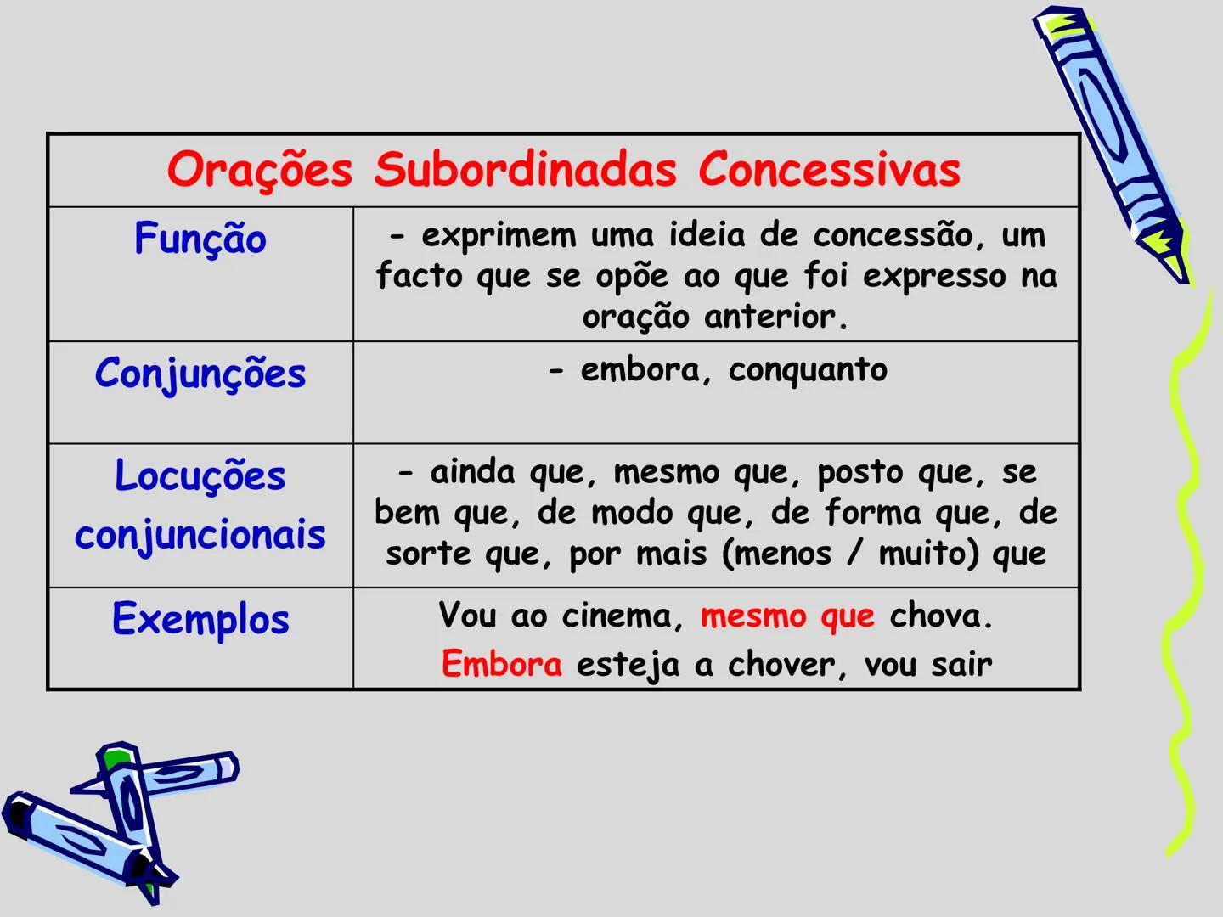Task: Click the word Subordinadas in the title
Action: [525, 169]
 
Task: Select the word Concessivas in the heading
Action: [829, 169]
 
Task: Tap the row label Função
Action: [200, 239]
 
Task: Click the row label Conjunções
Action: [200, 374]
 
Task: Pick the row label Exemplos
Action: [200, 619]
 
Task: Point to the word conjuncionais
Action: [200, 535]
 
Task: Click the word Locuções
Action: [200, 475]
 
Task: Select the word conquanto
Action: [808, 370]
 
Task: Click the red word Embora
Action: [501, 664]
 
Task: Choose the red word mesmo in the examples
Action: [752, 616]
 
